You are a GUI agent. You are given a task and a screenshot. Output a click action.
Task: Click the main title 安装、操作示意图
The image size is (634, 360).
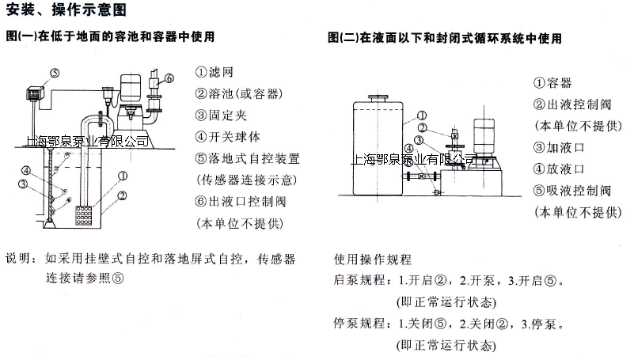66,9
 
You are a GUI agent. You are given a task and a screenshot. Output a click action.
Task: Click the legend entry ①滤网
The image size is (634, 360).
214,72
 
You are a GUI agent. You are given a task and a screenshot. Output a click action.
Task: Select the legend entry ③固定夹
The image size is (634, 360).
221,116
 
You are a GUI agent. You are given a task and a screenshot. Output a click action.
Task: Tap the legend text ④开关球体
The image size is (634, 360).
228,137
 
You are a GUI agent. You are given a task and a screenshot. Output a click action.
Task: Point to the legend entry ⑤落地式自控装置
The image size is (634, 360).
248,158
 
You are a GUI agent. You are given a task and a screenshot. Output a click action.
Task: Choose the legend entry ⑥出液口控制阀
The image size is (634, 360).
241,202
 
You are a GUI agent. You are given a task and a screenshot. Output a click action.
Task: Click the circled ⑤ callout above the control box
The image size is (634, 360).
55,73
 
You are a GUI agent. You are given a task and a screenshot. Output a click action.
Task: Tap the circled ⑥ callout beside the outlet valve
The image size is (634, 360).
169,78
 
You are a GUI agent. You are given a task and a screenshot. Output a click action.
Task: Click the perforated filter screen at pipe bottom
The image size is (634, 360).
83,215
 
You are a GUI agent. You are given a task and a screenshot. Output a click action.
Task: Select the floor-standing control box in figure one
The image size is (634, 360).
33,93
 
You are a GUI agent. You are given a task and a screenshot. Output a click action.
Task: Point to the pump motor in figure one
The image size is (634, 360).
131,88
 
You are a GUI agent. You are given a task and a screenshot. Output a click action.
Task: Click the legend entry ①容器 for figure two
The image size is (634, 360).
552,83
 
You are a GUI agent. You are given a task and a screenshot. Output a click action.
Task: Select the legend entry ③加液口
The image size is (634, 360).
559,147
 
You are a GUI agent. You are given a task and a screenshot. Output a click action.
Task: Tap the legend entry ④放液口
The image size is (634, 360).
559,169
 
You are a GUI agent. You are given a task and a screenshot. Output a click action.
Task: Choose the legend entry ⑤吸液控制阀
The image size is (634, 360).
572,191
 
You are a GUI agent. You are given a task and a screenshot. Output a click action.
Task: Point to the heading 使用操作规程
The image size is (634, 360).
373,259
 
